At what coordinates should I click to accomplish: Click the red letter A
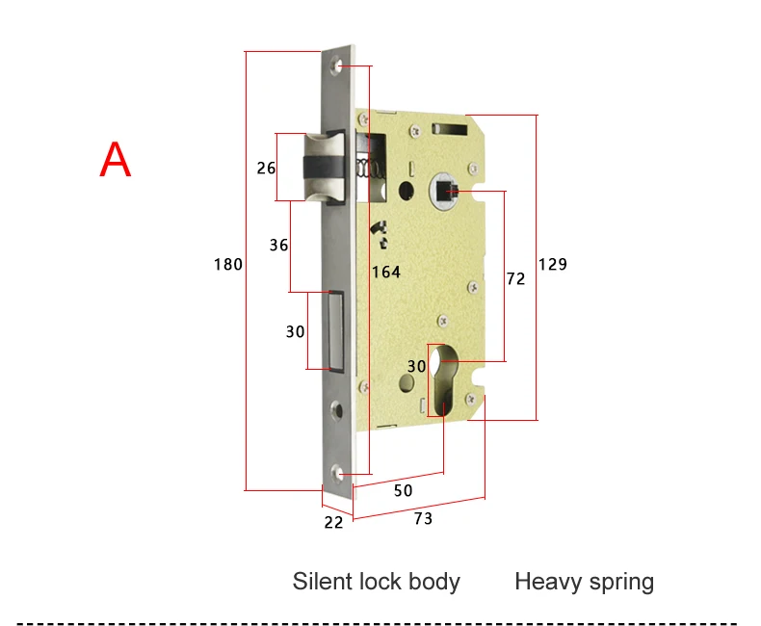116,159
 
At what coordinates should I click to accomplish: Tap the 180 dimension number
228,265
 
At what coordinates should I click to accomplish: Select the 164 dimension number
386,272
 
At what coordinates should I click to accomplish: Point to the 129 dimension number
553,265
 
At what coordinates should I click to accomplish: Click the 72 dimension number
516,278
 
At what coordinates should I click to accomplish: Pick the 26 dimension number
266,168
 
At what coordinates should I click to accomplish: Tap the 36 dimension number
279,245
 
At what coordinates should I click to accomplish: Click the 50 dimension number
404,490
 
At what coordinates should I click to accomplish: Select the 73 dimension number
423,519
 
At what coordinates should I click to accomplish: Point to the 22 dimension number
333,522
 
